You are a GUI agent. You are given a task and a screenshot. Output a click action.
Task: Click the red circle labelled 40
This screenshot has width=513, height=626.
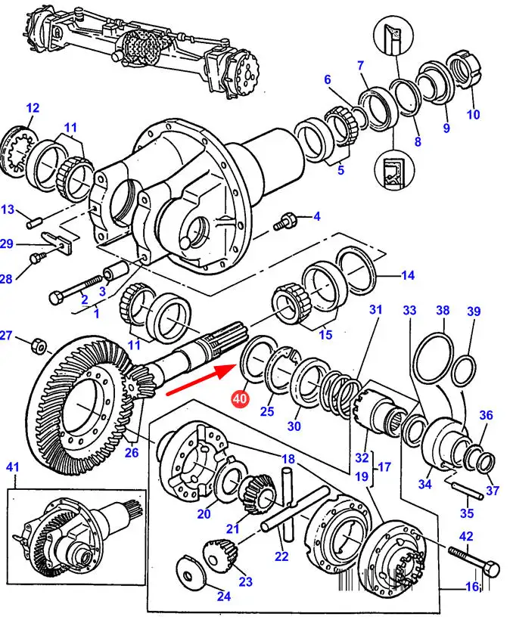point(241,399)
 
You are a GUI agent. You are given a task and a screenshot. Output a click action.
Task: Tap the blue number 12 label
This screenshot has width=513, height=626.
point(33,108)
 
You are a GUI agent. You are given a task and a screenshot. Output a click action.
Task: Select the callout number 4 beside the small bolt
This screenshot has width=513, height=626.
point(317,216)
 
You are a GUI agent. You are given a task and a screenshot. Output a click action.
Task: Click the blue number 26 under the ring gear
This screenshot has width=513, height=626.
point(132,452)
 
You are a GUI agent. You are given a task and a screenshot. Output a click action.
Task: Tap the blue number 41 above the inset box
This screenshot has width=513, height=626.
point(13,466)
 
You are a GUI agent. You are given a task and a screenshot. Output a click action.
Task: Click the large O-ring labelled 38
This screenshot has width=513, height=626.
point(434,357)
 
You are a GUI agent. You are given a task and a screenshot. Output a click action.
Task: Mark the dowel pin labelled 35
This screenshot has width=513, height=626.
point(467,490)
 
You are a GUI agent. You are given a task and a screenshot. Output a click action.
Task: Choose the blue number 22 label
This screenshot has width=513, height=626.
point(281,556)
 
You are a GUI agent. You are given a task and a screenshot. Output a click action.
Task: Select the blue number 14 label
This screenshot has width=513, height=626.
point(408,275)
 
